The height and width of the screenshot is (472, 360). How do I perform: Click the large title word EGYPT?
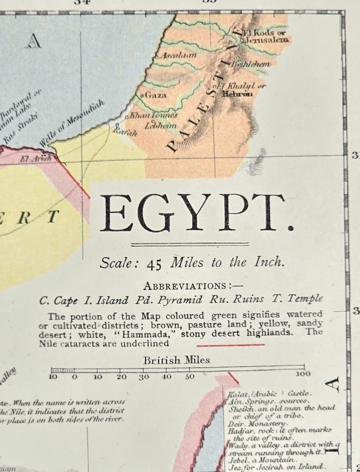click(197, 213)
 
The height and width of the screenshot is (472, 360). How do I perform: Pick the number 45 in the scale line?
click(154, 264)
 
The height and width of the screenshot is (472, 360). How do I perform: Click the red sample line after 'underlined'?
click(230, 345)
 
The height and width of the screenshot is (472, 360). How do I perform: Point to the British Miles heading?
click(177, 360)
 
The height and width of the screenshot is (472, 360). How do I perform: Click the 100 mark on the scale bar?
click(303, 374)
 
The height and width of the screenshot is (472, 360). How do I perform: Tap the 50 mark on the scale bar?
click(189, 376)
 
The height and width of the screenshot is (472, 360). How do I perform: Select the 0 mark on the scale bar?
click(75, 376)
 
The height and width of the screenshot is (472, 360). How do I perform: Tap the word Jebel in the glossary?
click(237, 460)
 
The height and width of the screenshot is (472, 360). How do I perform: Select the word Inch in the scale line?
click(271, 262)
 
